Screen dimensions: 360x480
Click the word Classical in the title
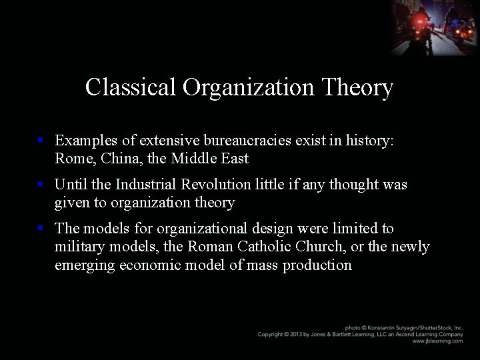coord(131,87)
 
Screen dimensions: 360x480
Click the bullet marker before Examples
coord(41,141)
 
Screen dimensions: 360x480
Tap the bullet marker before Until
coord(41,185)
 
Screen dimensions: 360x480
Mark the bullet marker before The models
coord(41,229)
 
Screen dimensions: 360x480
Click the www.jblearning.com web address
coord(437,341)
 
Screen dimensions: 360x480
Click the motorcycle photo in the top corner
coord(434,27)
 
